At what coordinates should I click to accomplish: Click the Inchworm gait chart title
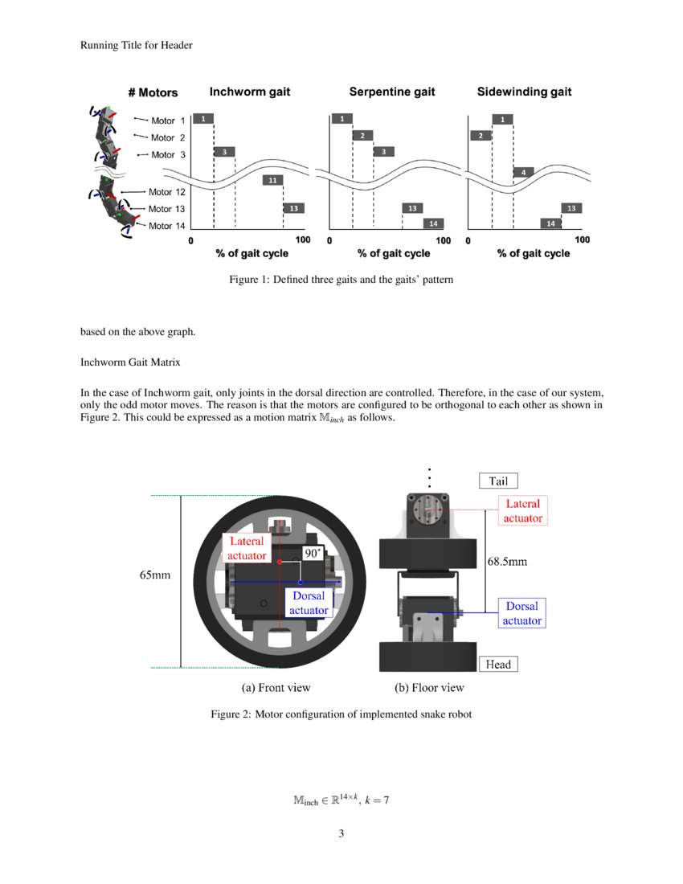249,92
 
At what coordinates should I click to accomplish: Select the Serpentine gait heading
391,92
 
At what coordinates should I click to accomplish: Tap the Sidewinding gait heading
524,92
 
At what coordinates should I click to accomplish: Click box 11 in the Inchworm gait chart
272,180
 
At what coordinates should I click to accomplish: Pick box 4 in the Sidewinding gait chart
523,173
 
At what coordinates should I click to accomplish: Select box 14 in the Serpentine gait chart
433,223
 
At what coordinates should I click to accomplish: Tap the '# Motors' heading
153,93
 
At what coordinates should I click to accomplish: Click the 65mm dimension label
155,576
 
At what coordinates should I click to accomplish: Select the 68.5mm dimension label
507,562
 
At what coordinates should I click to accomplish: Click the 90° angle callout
313,553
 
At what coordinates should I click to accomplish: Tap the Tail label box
498,481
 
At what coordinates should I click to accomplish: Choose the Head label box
498,664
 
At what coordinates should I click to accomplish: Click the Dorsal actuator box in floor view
521,613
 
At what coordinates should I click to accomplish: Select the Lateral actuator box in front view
247,548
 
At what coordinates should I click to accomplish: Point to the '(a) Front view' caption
276,688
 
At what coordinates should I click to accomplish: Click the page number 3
341,833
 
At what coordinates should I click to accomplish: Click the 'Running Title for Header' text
136,45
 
